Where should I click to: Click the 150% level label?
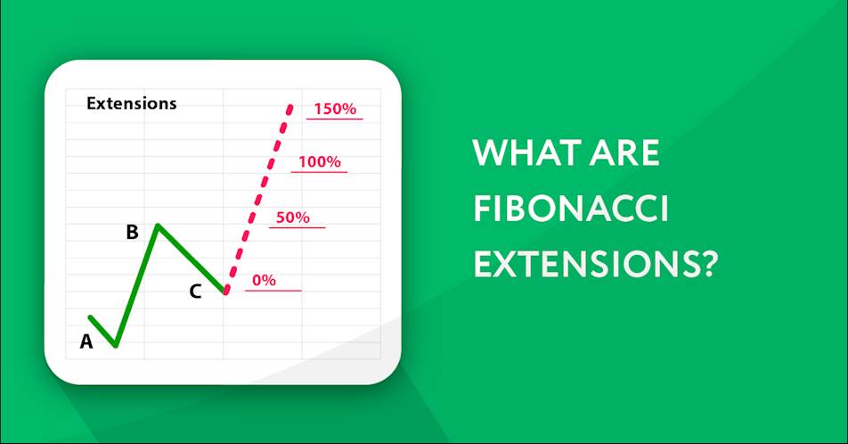click(x=335, y=109)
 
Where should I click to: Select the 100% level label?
click(x=320, y=162)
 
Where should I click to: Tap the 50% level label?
click(x=292, y=218)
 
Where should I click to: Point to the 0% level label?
click(x=264, y=280)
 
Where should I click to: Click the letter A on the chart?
click(x=86, y=341)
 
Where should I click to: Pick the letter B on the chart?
click(x=132, y=232)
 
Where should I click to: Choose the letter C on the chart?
click(x=195, y=292)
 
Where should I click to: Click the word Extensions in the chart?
click(x=132, y=103)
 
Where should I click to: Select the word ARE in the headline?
click(x=624, y=152)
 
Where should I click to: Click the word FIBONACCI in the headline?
click(x=571, y=209)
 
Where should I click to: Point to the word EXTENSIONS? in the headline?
click(x=596, y=264)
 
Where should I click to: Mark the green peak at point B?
click(x=158, y=225)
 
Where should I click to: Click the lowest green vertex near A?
click(x=116, y=345)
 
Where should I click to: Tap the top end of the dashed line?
click(x=290, y=108)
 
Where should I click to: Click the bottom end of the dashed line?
click(x=226, y=292)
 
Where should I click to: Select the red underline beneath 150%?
click(x=335, y=119)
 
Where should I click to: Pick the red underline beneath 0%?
click(x=273, y=291)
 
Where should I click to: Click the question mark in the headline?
click(x=708, y=264)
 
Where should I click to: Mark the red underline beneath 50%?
click(x=297, y=227)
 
